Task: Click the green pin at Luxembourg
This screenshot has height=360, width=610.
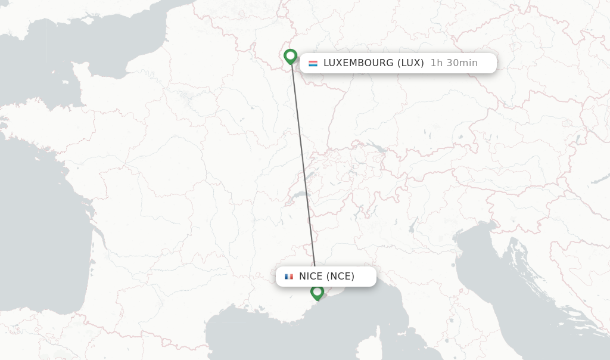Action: [x=290, y=56]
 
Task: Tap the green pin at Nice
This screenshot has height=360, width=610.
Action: [x=317, y=292]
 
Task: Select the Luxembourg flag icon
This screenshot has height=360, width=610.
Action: [x=313, y=63]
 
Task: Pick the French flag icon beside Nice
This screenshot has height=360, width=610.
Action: [x=289, y=277]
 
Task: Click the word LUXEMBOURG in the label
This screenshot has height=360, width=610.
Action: [x=359, y=63]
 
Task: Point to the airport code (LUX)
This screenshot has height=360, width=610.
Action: [x=410, y=63]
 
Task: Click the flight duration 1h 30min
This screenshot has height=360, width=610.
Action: [x=454, y=63]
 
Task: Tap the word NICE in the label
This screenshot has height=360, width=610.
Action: [x=310, y=277]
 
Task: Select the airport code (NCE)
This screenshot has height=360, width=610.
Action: [x=340, y=277]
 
